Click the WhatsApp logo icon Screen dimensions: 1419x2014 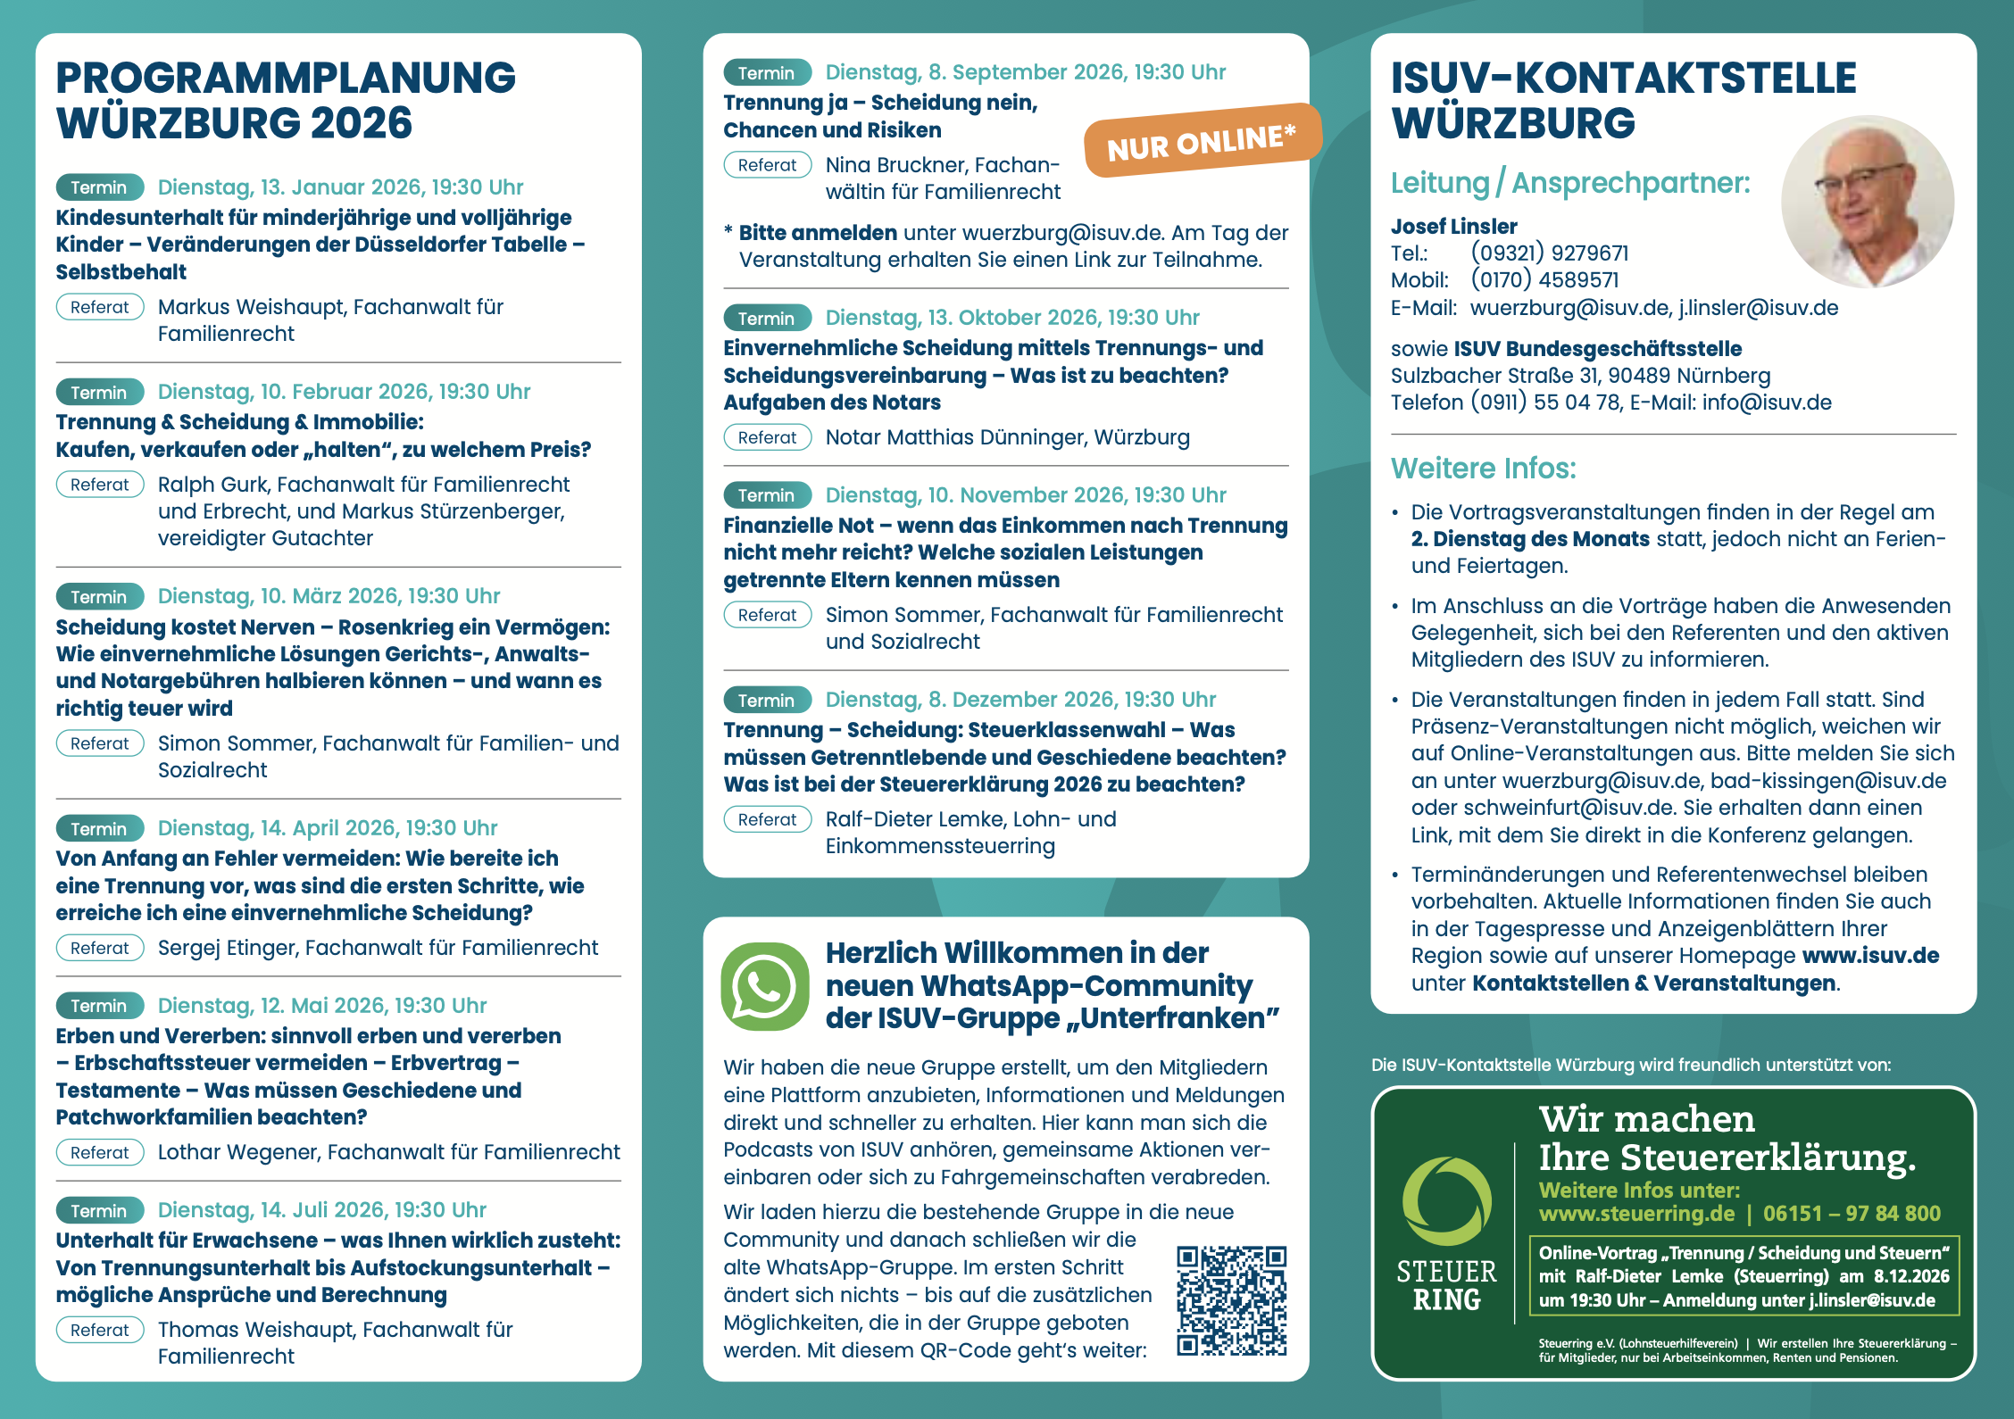tap(765, 986)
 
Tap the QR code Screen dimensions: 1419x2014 tap(1231, 1300)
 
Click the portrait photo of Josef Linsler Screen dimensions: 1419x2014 tap(1867, 202)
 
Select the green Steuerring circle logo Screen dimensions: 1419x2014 tap(1446, 1201)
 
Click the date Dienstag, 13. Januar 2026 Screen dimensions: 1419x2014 tap(340, 187)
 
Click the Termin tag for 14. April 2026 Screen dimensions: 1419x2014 tap(99, 829)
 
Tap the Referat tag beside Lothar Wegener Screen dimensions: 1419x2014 tap(100, 1152)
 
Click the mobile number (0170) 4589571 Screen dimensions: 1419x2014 tap(1544, 280)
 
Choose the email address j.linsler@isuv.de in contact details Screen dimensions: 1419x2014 tap(1758, 308)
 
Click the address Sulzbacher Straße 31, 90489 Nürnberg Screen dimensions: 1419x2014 tap(1580, 376)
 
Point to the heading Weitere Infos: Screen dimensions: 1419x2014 tap(1483, 469)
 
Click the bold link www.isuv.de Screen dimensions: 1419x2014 tap(1870, 956)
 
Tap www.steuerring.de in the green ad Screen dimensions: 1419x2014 tap(1636, 1214)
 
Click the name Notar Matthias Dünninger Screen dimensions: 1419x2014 tap(952, 437)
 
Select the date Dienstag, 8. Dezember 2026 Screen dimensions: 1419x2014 tap(1020, 700)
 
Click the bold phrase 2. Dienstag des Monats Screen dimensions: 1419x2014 tap(1530, 539)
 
